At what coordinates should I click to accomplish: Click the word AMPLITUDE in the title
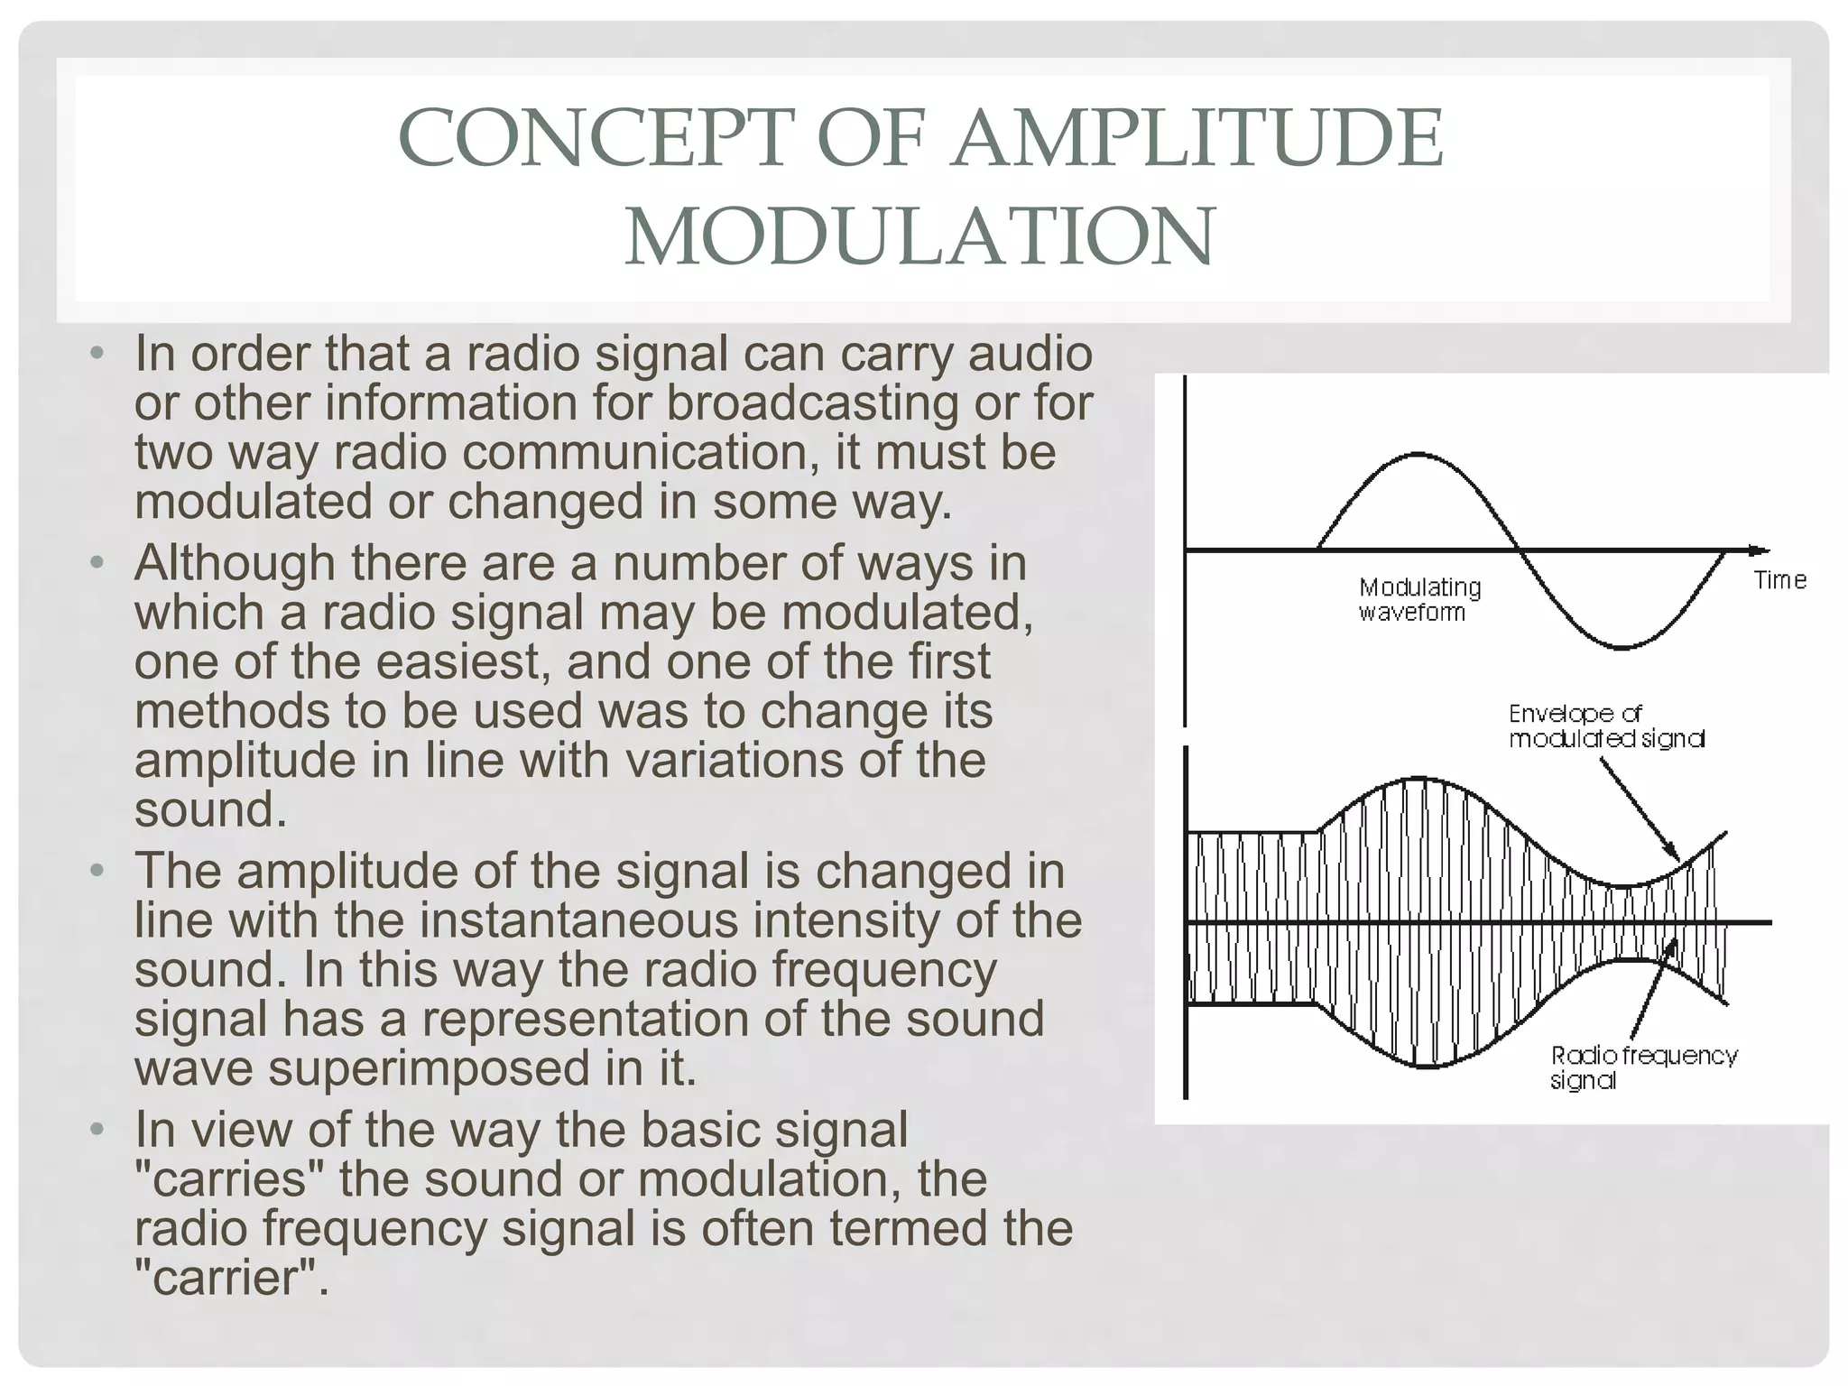click(x=1197, y=138)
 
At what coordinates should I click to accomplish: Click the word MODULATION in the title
click(x=920, y=236)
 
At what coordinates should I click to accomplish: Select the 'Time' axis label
click(x=1779, y=580)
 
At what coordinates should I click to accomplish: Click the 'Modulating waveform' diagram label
click(x=1419, y=599)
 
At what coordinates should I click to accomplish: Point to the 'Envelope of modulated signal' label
click(x=1606, y=726)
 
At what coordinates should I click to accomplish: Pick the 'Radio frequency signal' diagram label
click(x=1643, y=1067)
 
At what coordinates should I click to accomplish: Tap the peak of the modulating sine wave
click(x=1419, y=454)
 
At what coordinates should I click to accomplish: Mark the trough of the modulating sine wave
click(x=1622, y=647)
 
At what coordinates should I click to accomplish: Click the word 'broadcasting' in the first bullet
click(x=811, y=402)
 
